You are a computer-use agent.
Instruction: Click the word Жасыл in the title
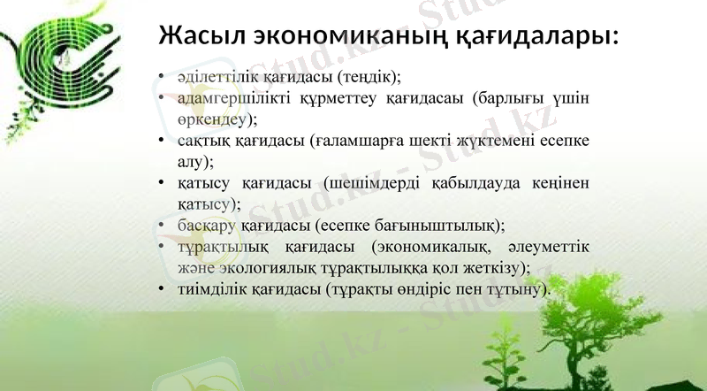(196, 38)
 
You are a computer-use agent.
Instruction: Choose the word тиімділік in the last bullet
(203, 288)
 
